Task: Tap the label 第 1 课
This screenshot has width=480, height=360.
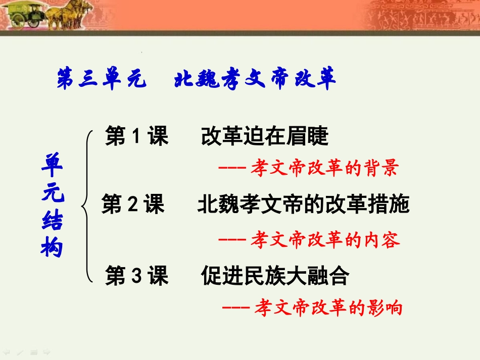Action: point(136,137)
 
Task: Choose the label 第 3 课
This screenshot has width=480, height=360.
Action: point(136,276)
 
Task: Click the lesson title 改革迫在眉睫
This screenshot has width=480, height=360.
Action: point(265,137)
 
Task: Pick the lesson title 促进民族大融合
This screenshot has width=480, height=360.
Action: point(275,276)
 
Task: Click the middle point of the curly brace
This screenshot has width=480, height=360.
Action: point(82,205)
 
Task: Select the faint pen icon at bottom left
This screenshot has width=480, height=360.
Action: point(20,351)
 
